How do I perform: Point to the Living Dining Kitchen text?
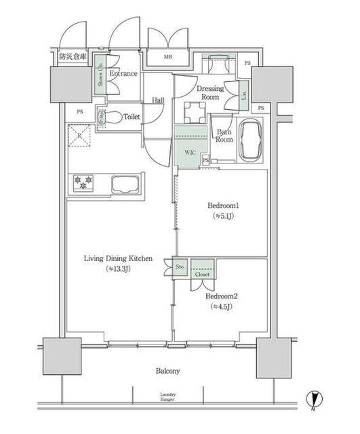[x=118, y=258]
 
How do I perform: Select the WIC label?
[x=190, y=152]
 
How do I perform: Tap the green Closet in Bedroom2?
[x=202, y=271]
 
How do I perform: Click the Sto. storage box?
[x=181, y=269]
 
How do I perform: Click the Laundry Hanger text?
[x=168, y=397]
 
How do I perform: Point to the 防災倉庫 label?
[x=73, y=58]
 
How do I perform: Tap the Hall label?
[x=158, y=100]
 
